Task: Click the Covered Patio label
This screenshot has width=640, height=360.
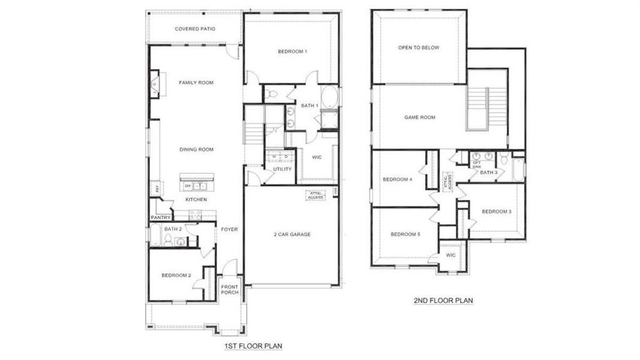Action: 195,29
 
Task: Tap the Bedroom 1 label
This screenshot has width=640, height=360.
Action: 292,52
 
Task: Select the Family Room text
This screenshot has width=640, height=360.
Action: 196,82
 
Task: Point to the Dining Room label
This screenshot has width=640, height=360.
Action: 196,149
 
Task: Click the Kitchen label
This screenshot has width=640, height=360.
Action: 196,199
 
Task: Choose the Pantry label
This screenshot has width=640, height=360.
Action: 161,218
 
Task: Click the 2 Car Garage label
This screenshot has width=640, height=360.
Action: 292,234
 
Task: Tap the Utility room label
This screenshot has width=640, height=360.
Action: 282,169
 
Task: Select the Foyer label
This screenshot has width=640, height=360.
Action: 229,229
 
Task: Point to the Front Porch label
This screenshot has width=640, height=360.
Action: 230,289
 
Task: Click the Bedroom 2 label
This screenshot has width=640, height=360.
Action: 176,275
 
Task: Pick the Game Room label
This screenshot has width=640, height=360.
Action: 419,118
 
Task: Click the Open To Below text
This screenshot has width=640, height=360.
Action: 419,47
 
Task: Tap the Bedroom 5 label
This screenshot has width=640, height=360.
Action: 404,234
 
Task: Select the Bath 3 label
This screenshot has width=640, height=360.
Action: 488,173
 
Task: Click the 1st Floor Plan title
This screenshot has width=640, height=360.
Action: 253,346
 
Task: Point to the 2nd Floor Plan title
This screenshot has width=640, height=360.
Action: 444,301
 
